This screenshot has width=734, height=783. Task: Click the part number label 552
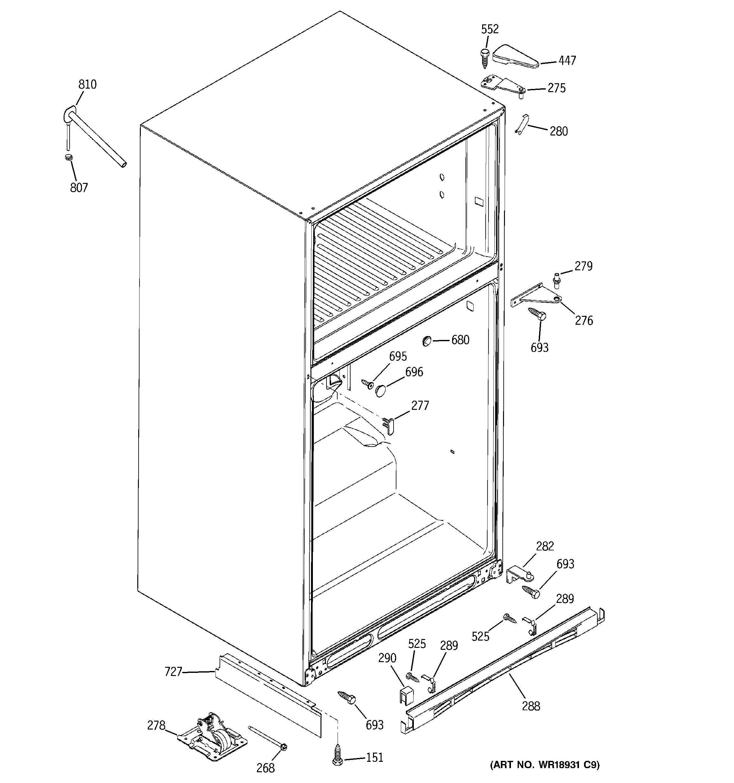pyautogui.click(x=489, y=29)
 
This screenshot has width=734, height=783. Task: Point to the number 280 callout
pyautogui.click(x=558, y=131)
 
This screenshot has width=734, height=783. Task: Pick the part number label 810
pyautogui.click(x=87, y=84)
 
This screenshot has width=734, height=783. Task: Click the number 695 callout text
pyautogui.click(x=398, y=356)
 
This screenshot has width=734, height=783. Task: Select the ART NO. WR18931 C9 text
pyautogui.click(x=544, y=765)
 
